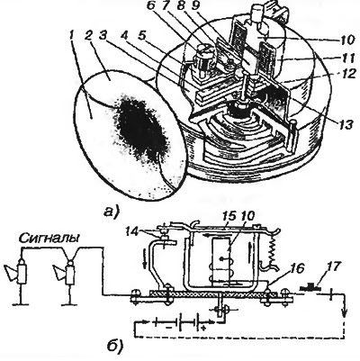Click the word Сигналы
[x=49, y=239]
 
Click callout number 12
[x=347, y=76]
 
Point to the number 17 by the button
[x=333, y=266]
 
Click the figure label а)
[x=111, y=212]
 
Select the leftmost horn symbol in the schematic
[x=17, y=272]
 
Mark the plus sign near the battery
[x=203, y=329]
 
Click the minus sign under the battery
[x=169, y=329]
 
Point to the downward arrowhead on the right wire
[x=345, y=317]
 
